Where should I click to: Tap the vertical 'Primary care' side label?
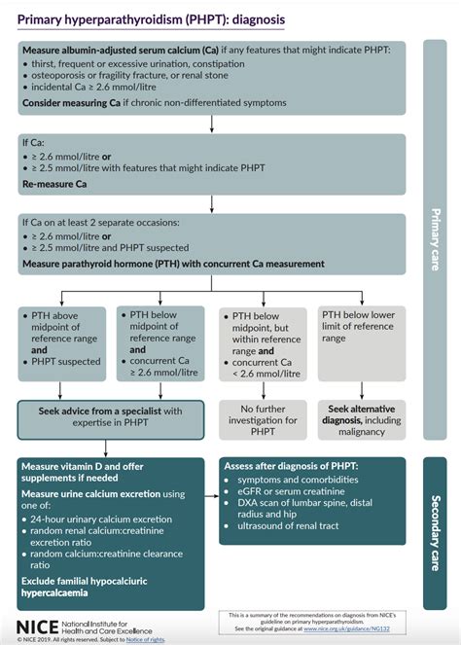(x=436, y=238)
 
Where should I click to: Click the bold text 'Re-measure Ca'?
(x=58, y=182)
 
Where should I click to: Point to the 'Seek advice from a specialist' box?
(x=111, y=416)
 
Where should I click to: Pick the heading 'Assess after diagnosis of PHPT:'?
(x=291, y=466)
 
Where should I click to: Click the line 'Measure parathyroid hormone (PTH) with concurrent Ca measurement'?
(x=173, y=264)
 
